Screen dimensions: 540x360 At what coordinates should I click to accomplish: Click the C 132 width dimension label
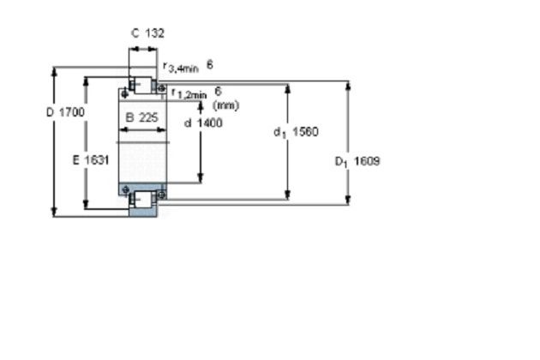coord(147,33)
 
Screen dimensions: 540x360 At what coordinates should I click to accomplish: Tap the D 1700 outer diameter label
coord(65,112)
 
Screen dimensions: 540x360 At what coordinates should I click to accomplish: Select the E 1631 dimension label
coord(91,160)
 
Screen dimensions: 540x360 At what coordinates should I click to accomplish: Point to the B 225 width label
coord(142,117)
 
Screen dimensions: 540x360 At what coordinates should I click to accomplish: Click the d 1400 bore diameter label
coord(203,123)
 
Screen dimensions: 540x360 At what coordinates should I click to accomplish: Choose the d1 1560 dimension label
coord(297,132)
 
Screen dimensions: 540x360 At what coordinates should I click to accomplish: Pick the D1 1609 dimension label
coord(357,161)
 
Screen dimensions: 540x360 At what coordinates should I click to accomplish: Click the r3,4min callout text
coord(181,67)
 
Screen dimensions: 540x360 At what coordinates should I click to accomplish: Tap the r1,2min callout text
coord(189,93)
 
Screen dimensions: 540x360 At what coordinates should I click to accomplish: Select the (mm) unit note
coord(226,105)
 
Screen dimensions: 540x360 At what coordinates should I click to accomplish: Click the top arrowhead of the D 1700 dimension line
coord(54,71)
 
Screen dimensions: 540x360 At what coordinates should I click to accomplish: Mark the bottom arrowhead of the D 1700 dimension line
coord(54,212)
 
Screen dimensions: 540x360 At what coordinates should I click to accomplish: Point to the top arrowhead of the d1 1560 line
coord(288,88)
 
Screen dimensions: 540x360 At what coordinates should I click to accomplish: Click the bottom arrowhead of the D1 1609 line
coord(348,201)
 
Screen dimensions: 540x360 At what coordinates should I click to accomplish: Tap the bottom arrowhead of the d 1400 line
coord(201,178)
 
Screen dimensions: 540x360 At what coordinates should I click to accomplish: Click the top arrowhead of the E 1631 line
coord(86,81)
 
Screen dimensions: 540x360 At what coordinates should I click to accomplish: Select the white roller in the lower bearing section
coord(144,200)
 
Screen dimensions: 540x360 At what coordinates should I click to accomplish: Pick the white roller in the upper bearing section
coord(142,86)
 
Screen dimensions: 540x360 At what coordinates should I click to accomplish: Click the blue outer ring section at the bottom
coord(142,213)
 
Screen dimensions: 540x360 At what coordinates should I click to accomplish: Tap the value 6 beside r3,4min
coord(210,64)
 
